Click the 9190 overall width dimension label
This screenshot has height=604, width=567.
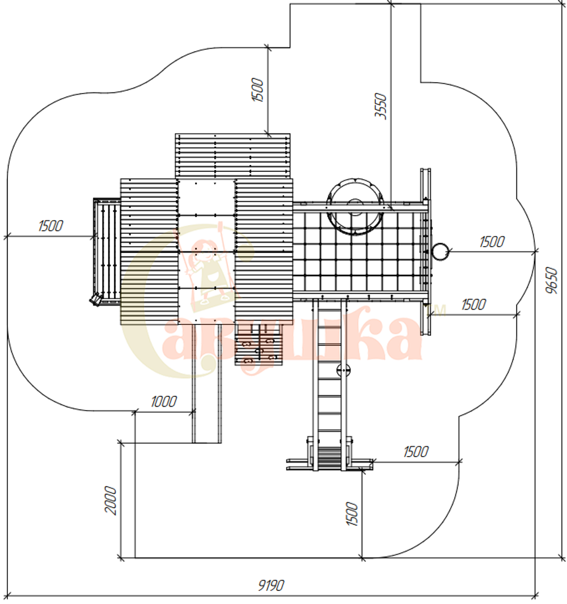tap(271, 585)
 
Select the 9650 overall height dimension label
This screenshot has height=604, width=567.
tap(552, 280)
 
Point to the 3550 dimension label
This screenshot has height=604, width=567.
tap(380, 106)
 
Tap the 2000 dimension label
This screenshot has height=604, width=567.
tap(111, 500)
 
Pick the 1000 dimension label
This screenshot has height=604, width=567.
tap(164, 402)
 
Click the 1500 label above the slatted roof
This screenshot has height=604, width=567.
tap(257, 90)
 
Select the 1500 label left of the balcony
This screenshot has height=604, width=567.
tap(50, 226)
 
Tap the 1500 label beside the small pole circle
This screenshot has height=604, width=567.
tap(492, 242)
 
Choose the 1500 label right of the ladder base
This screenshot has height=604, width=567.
tap(416, 451)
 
